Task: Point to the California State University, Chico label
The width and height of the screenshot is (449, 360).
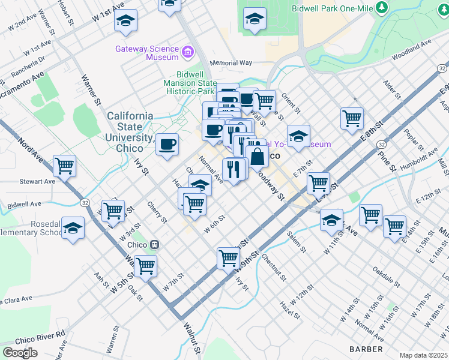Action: pos(130,131)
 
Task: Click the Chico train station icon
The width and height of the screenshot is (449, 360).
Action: pos(155,244)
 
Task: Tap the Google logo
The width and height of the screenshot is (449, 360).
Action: pos(20,353)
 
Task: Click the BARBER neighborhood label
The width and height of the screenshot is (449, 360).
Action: pos(366,349)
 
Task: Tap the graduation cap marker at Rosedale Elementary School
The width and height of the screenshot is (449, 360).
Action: pos(73,228)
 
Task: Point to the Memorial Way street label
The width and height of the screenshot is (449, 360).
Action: pos(231,62)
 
